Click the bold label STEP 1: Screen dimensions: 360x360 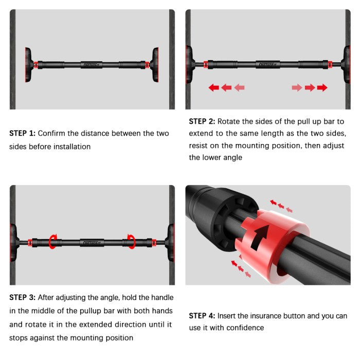tap(22, 133)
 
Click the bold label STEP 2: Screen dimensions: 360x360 tap(202, 122)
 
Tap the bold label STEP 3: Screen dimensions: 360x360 tap(22, 298)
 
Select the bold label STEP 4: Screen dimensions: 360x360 tap(202, 316)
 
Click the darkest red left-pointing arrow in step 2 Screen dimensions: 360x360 tap(213, 88)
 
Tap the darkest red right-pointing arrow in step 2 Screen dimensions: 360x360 tap(322, 88)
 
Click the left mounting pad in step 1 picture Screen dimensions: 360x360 tap(28, 65)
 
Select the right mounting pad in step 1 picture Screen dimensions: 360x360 tap(155, 65)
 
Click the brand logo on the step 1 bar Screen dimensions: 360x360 tap(92, 65)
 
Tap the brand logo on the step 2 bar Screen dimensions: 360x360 tap(267, 65)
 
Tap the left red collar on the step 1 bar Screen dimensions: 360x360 tap(36, 65)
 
